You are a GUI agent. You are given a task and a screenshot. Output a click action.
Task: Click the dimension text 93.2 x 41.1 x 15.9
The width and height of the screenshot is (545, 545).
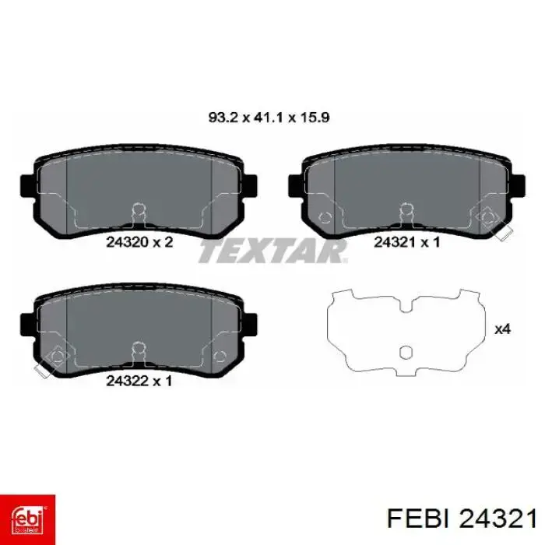269,118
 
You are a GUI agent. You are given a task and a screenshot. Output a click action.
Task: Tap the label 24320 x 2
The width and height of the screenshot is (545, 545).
139,242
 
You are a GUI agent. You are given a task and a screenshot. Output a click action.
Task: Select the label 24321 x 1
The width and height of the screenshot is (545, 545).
407,242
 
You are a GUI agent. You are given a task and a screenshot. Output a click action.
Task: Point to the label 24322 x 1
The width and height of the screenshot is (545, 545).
139,381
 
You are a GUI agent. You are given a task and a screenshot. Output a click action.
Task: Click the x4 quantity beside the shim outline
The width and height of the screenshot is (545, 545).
503,329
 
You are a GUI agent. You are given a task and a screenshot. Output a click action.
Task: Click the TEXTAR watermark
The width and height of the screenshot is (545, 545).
272,251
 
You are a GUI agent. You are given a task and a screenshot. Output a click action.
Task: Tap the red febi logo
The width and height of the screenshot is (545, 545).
27,519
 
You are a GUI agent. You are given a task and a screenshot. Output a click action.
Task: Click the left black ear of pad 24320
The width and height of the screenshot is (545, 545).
27,186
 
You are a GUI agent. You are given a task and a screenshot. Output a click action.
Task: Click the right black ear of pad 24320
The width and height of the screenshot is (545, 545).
251,186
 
